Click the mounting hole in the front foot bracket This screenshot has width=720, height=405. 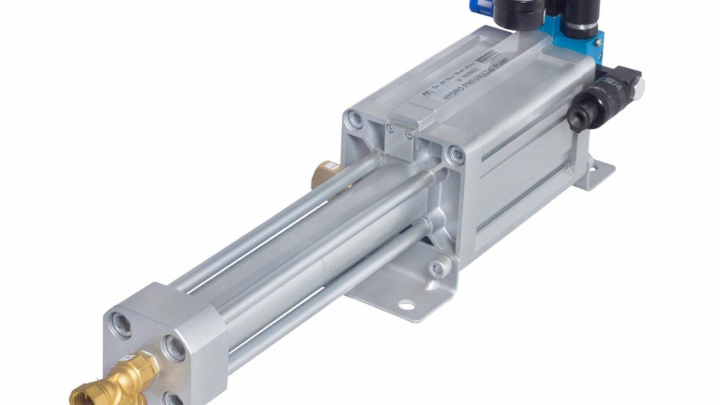click(x=406, y=305)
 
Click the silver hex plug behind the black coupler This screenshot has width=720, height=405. click(x=636, y=83)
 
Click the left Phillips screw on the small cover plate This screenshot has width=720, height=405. click(x=390, y=128)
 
